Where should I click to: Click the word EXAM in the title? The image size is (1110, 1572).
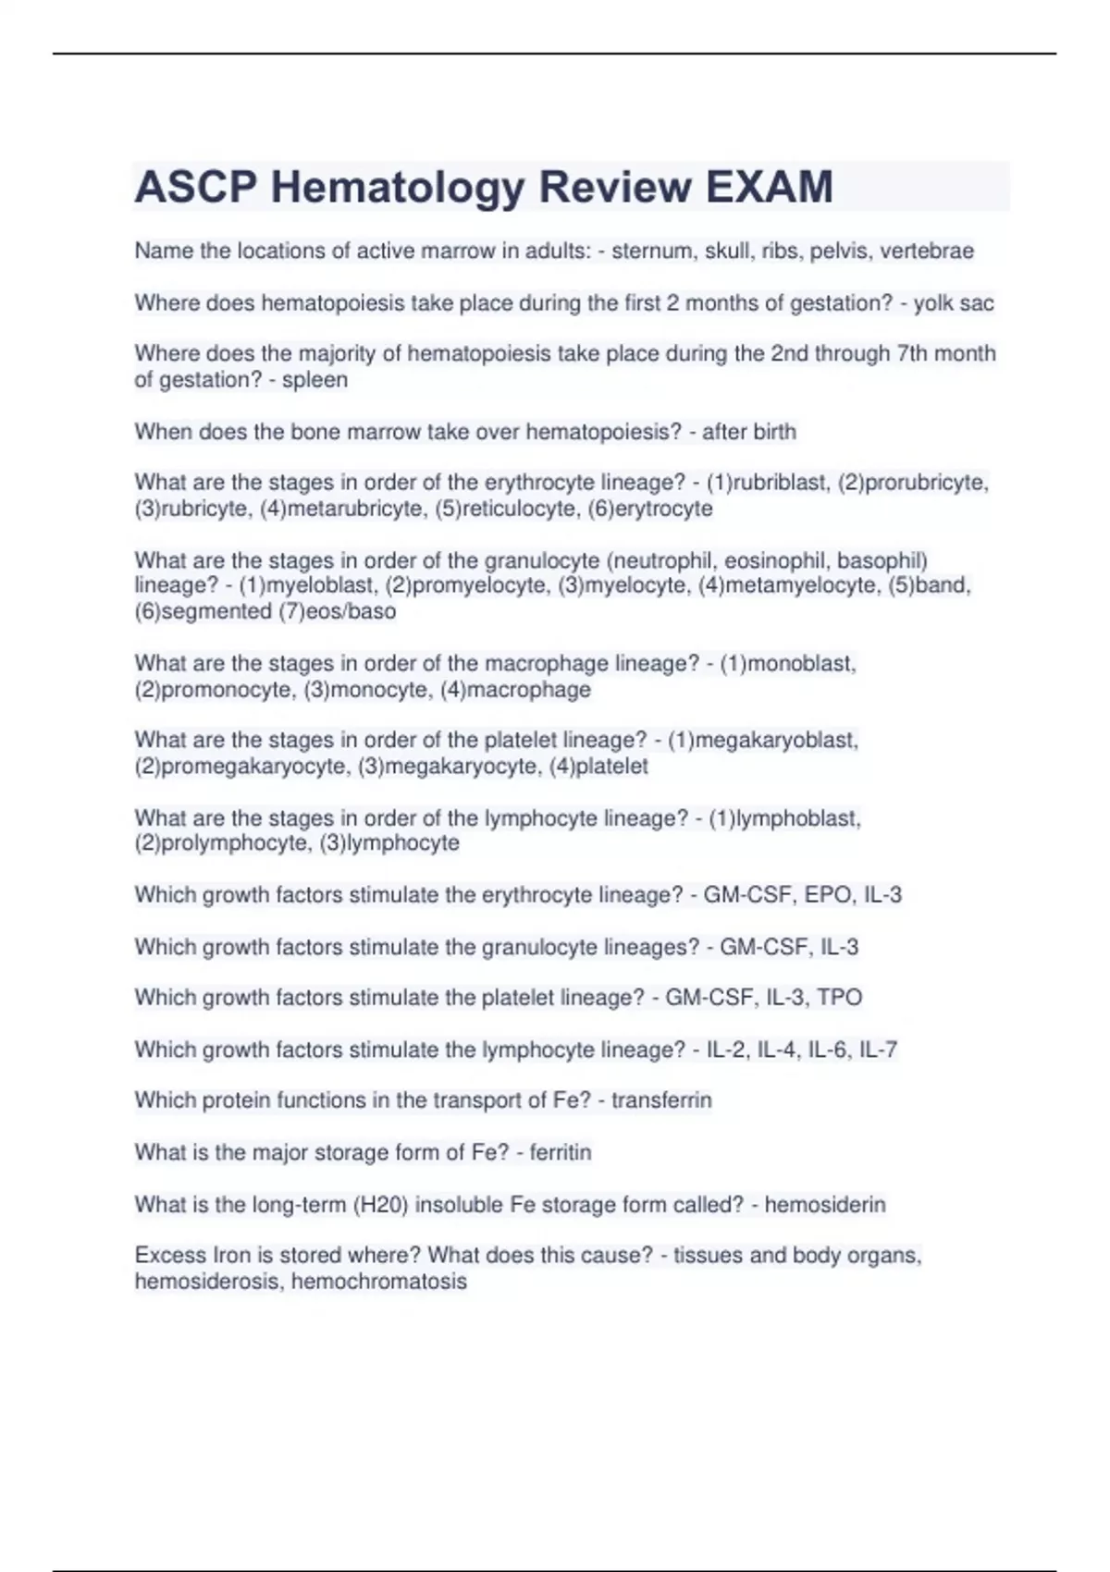pos(770,187)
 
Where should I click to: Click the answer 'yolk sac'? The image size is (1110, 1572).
pos(953,303)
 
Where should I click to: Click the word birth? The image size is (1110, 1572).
pos(773,432)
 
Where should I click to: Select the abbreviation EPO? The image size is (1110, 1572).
pos(827,895)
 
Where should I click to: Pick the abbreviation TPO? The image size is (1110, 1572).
pos(839,998)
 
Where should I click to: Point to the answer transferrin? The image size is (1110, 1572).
pos(661,1100)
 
